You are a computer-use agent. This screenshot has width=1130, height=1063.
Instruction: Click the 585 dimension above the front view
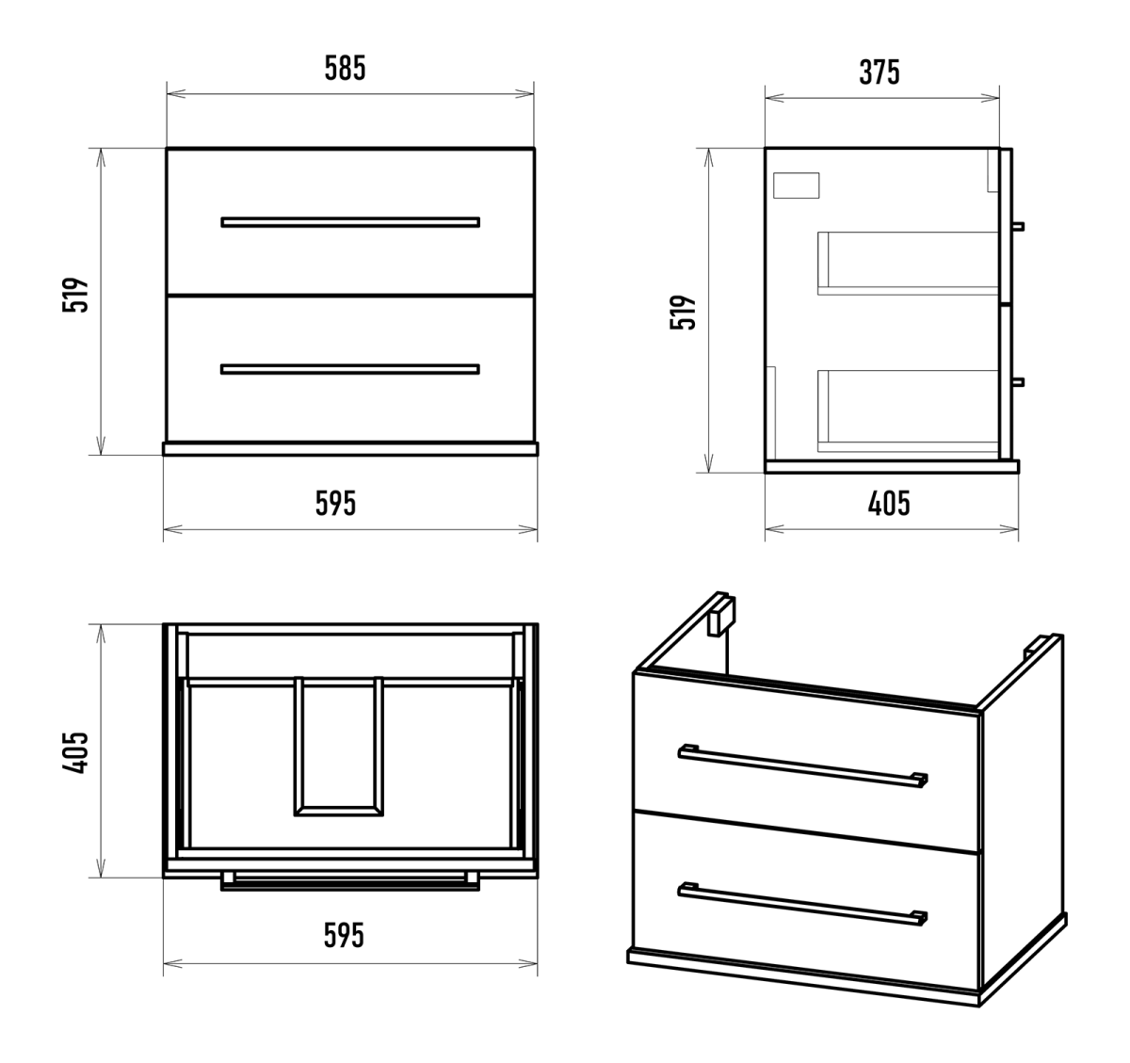pos(345,69)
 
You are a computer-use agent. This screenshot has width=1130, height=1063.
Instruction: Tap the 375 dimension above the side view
pos(880,72)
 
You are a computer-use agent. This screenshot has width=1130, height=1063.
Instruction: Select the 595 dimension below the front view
pos(335,504)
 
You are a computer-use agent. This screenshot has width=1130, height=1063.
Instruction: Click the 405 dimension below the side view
pos(889,504)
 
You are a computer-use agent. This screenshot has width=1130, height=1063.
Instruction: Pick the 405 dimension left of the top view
pos(75,752)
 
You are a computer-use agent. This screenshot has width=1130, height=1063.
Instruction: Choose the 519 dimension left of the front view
pos(75,295)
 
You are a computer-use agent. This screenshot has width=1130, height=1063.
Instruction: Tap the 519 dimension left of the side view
pos(683,313)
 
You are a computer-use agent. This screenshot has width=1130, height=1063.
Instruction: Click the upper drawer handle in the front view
pos(350,222)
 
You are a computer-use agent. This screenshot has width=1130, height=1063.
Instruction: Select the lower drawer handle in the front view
pos(350,369)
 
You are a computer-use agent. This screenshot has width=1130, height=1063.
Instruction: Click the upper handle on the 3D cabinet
pos(802,766)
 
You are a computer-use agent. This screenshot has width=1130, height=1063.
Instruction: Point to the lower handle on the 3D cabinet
pos(802,904)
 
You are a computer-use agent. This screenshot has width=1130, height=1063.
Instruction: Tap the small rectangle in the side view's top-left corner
pos(796,185)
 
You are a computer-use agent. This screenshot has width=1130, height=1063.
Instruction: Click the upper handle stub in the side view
pos(1019,227)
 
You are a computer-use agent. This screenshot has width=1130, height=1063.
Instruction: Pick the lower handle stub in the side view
pos(1019,382)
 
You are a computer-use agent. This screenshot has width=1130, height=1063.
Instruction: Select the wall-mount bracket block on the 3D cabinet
pos(721,617)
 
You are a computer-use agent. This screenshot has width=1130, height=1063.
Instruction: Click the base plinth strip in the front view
pos(350,449)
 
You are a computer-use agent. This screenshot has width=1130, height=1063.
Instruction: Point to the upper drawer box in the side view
pos(908,263)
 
